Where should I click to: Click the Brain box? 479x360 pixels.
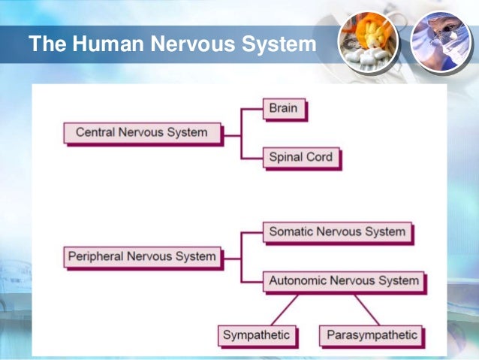pyautogui.click(x=284, y=108)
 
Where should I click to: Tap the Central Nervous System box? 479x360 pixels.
pyautogui.click(x=141, y=132)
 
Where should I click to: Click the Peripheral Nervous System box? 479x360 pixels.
pyautogui.click(x=142, y=256)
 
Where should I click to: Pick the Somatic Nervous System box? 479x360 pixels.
pyautogui.click(x=337, y=231)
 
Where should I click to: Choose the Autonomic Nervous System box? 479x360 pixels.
pyautogui.click(x=344, y=280)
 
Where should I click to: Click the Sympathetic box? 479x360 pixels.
pyautogui.click(x=256, y=334)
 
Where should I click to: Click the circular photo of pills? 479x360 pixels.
pyautogui.click(x=368, y=42)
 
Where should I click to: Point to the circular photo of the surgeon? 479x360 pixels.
pyautogui.click(x=441, y=42)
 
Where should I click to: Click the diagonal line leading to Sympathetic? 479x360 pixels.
pyautogui.click(x=279, y=308)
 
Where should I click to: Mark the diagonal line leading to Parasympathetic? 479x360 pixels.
pyautogui.click(x=366, y=308)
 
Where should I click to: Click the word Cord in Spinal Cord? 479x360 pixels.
pyautogui.click(x=319, y=157)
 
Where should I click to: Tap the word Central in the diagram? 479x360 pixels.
pyautogui.click(x=96, y=132)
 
